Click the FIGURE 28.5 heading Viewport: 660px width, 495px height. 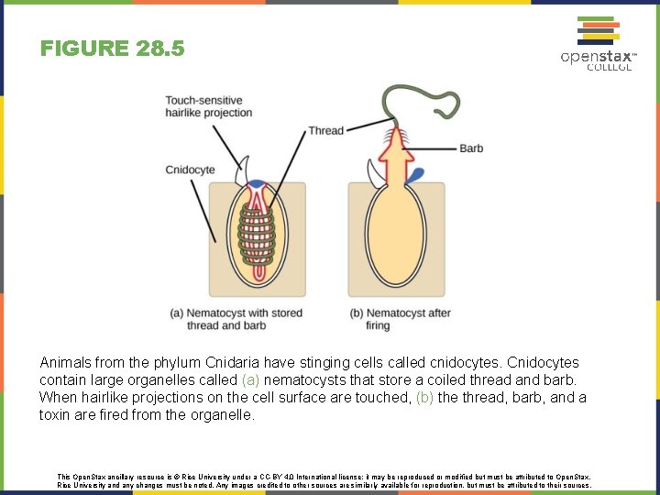(112, 48)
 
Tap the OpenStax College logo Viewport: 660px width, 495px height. (598, 43)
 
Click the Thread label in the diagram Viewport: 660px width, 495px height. (325, 131)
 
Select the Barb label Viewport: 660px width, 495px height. (471, 148)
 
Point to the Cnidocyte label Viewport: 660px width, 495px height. (190, 170)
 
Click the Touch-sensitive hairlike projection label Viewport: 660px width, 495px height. (208, 106)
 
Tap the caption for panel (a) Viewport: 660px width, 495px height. (236, 319)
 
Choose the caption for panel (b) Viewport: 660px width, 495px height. (401, 319)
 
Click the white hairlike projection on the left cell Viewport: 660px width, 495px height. (243, 170)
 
